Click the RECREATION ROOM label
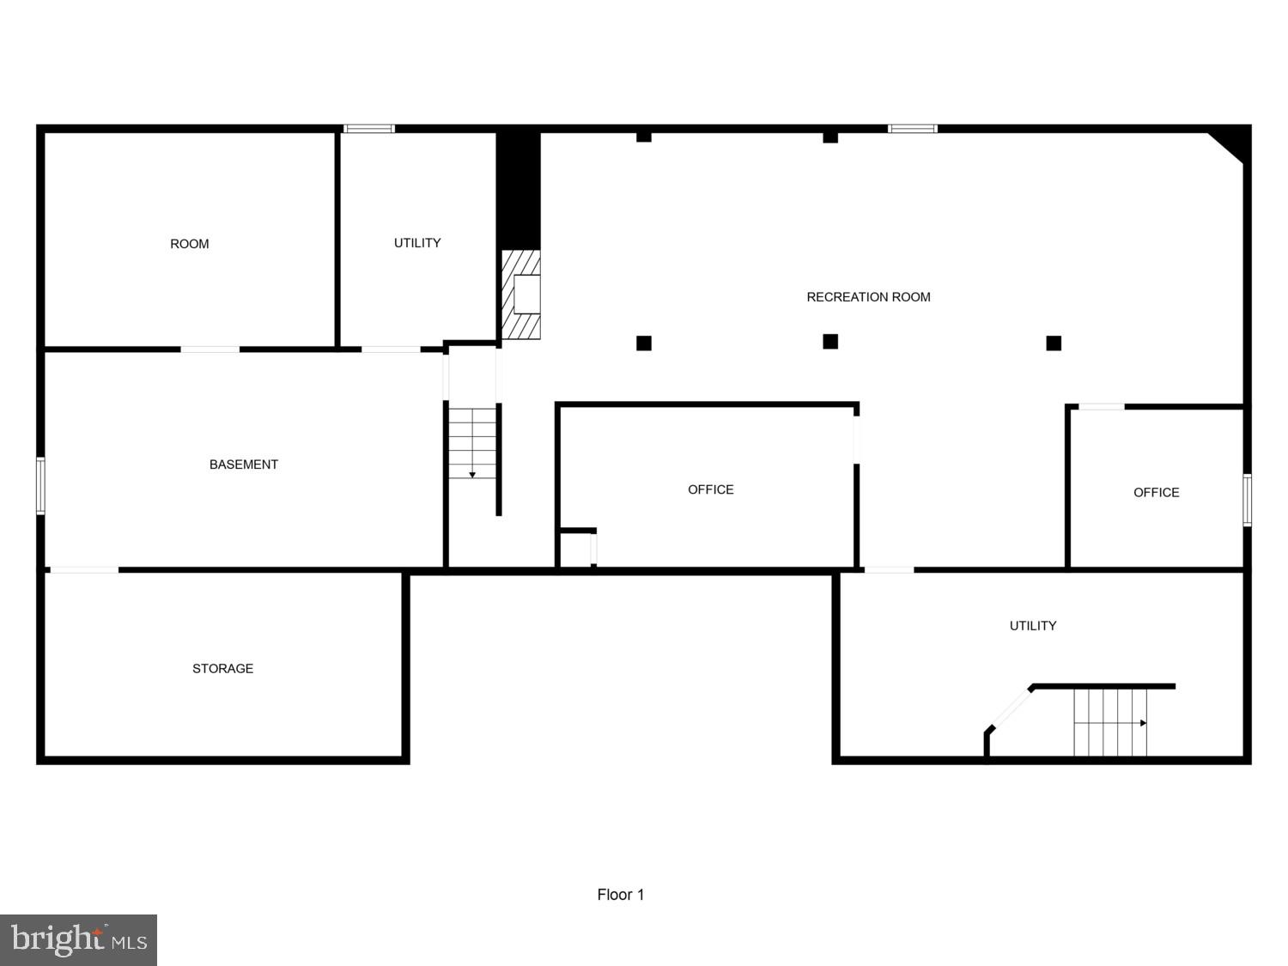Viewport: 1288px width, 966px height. pos(868,297)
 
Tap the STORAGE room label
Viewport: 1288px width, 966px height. pos(222,669)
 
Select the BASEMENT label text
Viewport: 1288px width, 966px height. pos(244,465)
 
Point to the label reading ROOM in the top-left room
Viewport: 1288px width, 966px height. pos(190,244)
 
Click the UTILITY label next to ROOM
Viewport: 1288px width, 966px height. pos(417,243)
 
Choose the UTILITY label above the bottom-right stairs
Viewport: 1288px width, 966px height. pos(1033,626)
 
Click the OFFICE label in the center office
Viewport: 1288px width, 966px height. pos(711,489)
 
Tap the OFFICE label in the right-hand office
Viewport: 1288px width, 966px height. pos(1156,492)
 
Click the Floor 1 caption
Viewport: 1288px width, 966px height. pos(621,895)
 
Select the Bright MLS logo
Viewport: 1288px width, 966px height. pos(78,940)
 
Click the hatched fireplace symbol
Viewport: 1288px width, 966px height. pos(521,295)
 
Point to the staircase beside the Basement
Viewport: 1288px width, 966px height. pos(472,443)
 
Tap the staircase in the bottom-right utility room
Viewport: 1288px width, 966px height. pos(1110,722)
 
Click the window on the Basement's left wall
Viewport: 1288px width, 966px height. pos(40,486)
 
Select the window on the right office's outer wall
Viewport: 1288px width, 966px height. pos(1247,500)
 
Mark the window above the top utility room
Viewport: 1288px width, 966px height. pos(369,129)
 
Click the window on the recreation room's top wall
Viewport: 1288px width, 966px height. pos(913,129)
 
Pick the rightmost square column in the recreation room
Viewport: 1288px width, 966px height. pos(1054,343)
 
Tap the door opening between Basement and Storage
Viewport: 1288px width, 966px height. pos(84,570)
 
